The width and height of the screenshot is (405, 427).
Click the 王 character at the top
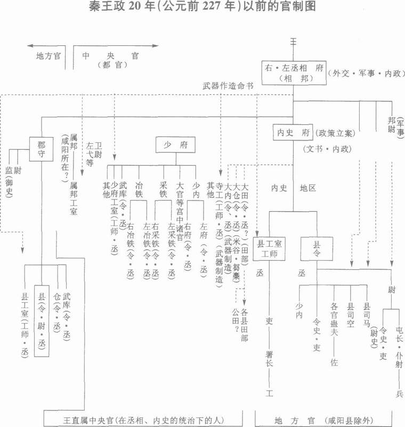[293, 41]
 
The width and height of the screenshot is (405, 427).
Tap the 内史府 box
[293, 132]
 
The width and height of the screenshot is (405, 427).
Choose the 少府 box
[175, 144]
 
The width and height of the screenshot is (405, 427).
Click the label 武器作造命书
[228, 85]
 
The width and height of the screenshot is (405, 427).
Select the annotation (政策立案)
[336, 132]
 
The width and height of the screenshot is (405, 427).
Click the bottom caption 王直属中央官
[143, 419]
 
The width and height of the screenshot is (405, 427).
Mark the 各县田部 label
[245, 325]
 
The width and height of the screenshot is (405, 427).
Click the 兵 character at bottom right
[400, 394]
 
